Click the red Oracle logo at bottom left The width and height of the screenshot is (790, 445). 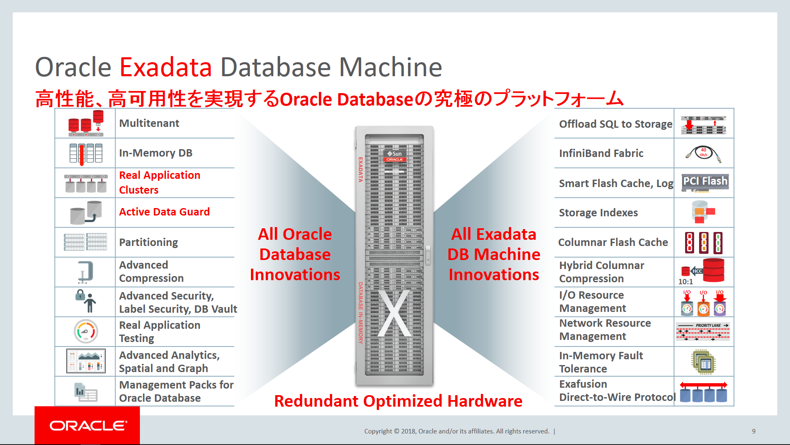pos(87,425)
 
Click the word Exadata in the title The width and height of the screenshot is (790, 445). pos(166,67)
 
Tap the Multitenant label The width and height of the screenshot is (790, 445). pos(149,123)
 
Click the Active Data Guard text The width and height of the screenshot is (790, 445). pos(164,212)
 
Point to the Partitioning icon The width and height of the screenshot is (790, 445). pos(86,242)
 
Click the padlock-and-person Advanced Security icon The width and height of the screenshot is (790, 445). pos(86,301)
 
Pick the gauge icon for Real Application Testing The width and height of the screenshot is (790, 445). pos(86,331)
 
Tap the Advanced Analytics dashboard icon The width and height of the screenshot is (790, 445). pos(86,361)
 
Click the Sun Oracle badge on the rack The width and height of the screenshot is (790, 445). pos(395,156)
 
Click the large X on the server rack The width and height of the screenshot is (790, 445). pos(395,313)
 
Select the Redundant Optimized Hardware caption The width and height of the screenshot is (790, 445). pos(398,401)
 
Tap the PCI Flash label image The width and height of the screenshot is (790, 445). pos(705,181)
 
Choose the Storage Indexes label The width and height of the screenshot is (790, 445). pos(598,213)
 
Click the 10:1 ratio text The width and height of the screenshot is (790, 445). pos(685,282)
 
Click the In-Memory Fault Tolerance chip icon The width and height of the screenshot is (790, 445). pos(704,362)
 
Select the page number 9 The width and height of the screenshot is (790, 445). pos(754,431)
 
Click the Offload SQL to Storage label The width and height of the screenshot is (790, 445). pos(616,124)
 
